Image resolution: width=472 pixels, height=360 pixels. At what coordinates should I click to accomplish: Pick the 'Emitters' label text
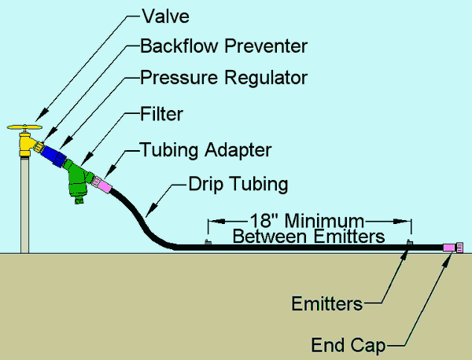pos(326,303)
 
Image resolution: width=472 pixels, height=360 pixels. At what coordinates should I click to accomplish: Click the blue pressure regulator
pos(54,154)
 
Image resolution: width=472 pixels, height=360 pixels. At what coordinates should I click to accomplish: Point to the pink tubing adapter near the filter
pos(103,186)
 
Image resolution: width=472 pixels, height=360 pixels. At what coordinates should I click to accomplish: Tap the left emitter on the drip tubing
pos(207,243)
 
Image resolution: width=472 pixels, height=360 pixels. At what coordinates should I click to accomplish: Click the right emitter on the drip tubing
pos(408,243)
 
